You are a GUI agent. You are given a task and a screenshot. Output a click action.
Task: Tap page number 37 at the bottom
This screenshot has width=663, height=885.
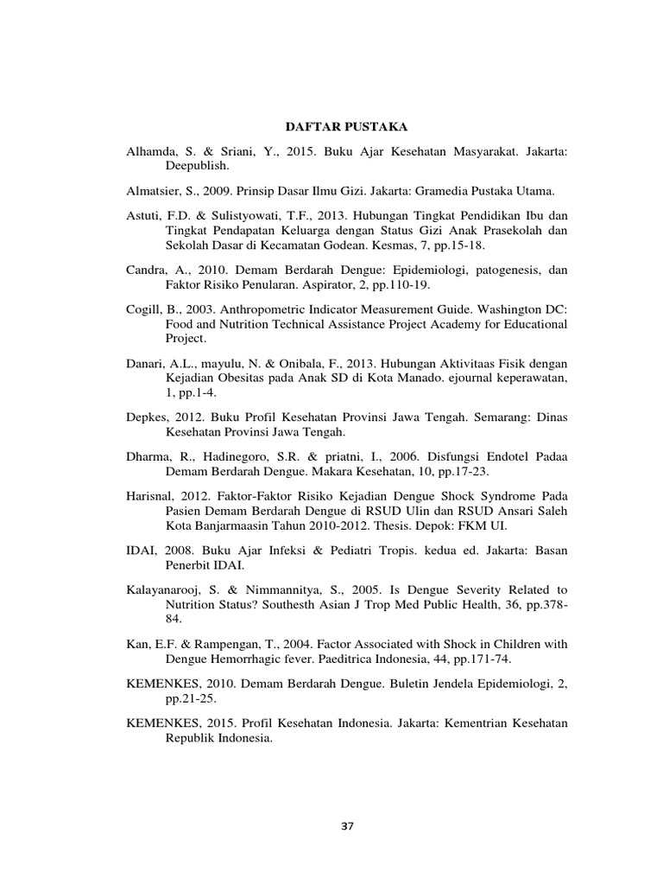pos(347,826)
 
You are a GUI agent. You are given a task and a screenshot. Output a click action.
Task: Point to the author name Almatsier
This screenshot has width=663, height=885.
pos(153,189)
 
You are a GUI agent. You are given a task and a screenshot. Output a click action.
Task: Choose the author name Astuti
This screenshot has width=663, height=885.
pos(143,214)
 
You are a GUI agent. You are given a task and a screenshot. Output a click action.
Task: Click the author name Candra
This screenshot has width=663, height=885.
pos(147,270)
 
